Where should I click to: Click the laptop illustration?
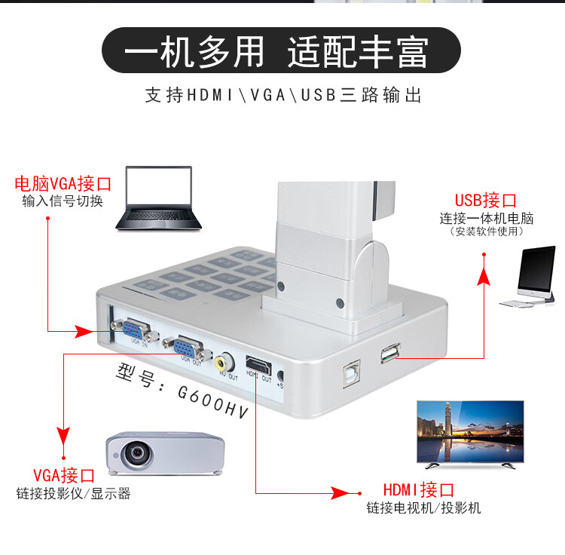pyautogui.click(x=159, y=198)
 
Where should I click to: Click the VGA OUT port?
pyautogui.click(x=187, y=347)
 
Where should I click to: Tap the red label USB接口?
pyautogui.click(x=485, y=201)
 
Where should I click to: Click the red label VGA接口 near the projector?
pyautogui.click(x=64, y=476)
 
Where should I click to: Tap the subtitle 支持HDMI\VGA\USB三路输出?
pyautogui.click(x=282, y=96)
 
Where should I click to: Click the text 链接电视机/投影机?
pyautogui.click(x=423, y=507)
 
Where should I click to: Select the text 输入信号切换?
pyautogui.click(x=63, y=201)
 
